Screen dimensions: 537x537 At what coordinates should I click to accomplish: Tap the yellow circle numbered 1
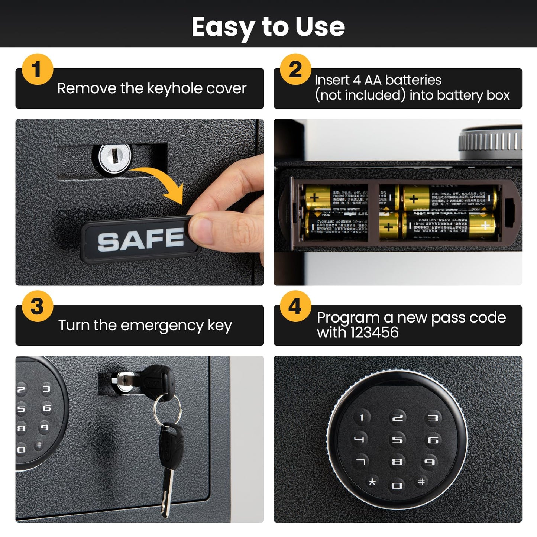37,69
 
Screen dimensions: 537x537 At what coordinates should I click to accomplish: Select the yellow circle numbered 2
295,69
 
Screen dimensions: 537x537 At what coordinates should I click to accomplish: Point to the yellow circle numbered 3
37,307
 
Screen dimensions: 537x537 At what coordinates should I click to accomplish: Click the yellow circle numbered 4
295,307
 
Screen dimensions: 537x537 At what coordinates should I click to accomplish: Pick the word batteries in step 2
413,80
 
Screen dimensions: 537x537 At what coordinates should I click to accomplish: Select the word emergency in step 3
162,326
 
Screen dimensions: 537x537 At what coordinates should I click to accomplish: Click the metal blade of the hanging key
167,491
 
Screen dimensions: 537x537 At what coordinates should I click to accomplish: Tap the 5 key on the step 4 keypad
397,440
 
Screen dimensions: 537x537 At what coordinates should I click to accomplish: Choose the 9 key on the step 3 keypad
45,427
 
